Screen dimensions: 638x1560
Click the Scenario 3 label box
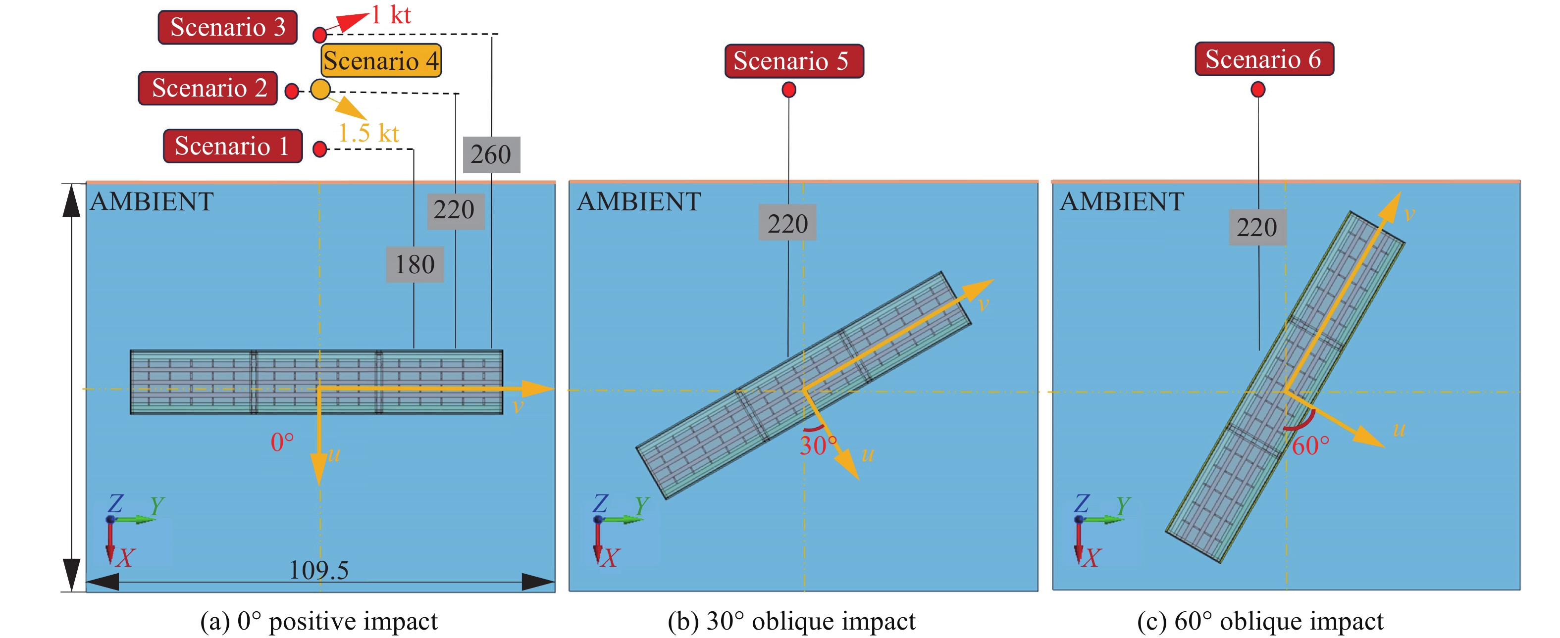point(228,27)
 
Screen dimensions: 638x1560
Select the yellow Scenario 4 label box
point(381,60)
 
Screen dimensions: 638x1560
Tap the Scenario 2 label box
point(208,89)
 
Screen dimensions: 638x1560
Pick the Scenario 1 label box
point(233,146)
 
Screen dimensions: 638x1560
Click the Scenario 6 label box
point(1264,59)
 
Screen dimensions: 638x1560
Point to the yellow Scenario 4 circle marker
point(320,90)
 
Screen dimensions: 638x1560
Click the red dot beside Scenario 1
point(320,149)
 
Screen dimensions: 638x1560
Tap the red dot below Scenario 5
point(788,90)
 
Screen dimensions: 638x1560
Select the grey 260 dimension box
point(491,155)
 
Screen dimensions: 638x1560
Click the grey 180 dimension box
point(415,264)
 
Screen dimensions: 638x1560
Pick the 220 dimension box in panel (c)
point(1257,228)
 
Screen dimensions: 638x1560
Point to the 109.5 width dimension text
point(318,570)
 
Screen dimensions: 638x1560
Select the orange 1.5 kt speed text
point(368,133)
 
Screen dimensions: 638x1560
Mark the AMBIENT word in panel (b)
point(639,201)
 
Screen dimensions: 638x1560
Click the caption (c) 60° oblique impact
point(1260,621)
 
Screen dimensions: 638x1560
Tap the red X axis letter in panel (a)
point(125,557)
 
